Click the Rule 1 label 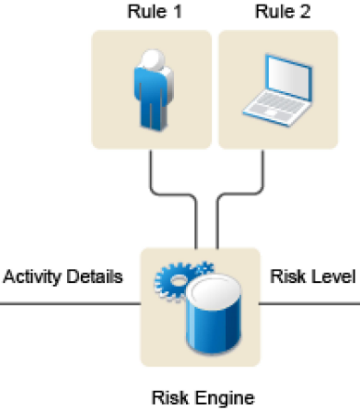pyautogui.click(x=154, y=12)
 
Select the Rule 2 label pyautogui.click(x=282, y=12)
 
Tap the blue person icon pyautogui.click(x=153, y=90)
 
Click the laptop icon pyautogui.click(x=277, y=90)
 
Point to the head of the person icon pyautogui.click(x=153, y=60)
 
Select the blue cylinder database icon pyautogui.click(x=214, y=314)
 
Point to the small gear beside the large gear pyautogui.click(x=205, y=268)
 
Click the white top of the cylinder pyautogui.click(x=215, y=290)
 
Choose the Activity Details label pyautogui.click(x=63, y=276)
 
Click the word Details pyautogui.click(x=95, y=276)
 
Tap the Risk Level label pyautogui.click(x=313, y=276)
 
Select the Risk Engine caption pyautogui.click(x=203, y=398)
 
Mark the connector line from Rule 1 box pyautogui.click(x=174, y=195)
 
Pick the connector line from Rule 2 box pyautogui.click(x=240, y=195)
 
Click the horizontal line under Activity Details pyautogui.click(x=71, y=303)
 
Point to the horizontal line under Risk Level pyautogui.click(x=310, y=303)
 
